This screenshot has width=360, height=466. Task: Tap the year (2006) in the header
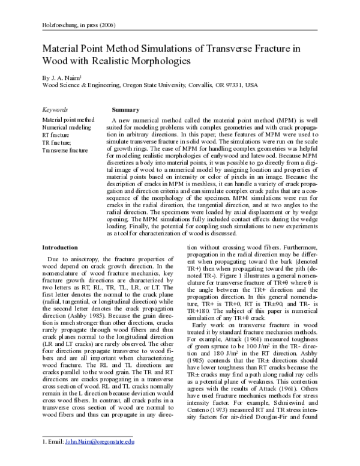pyautogui.click(x=105, y=25)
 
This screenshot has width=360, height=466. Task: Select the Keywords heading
pyautogui.click(x=55, y=110)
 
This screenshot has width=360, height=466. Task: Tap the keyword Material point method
pyautogui.click(x=68, y=120)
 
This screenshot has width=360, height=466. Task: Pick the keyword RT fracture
pyautogui.click(x=56, y=135)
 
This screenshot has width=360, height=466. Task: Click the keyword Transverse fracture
pyautogui.click(x=64, y=150)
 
